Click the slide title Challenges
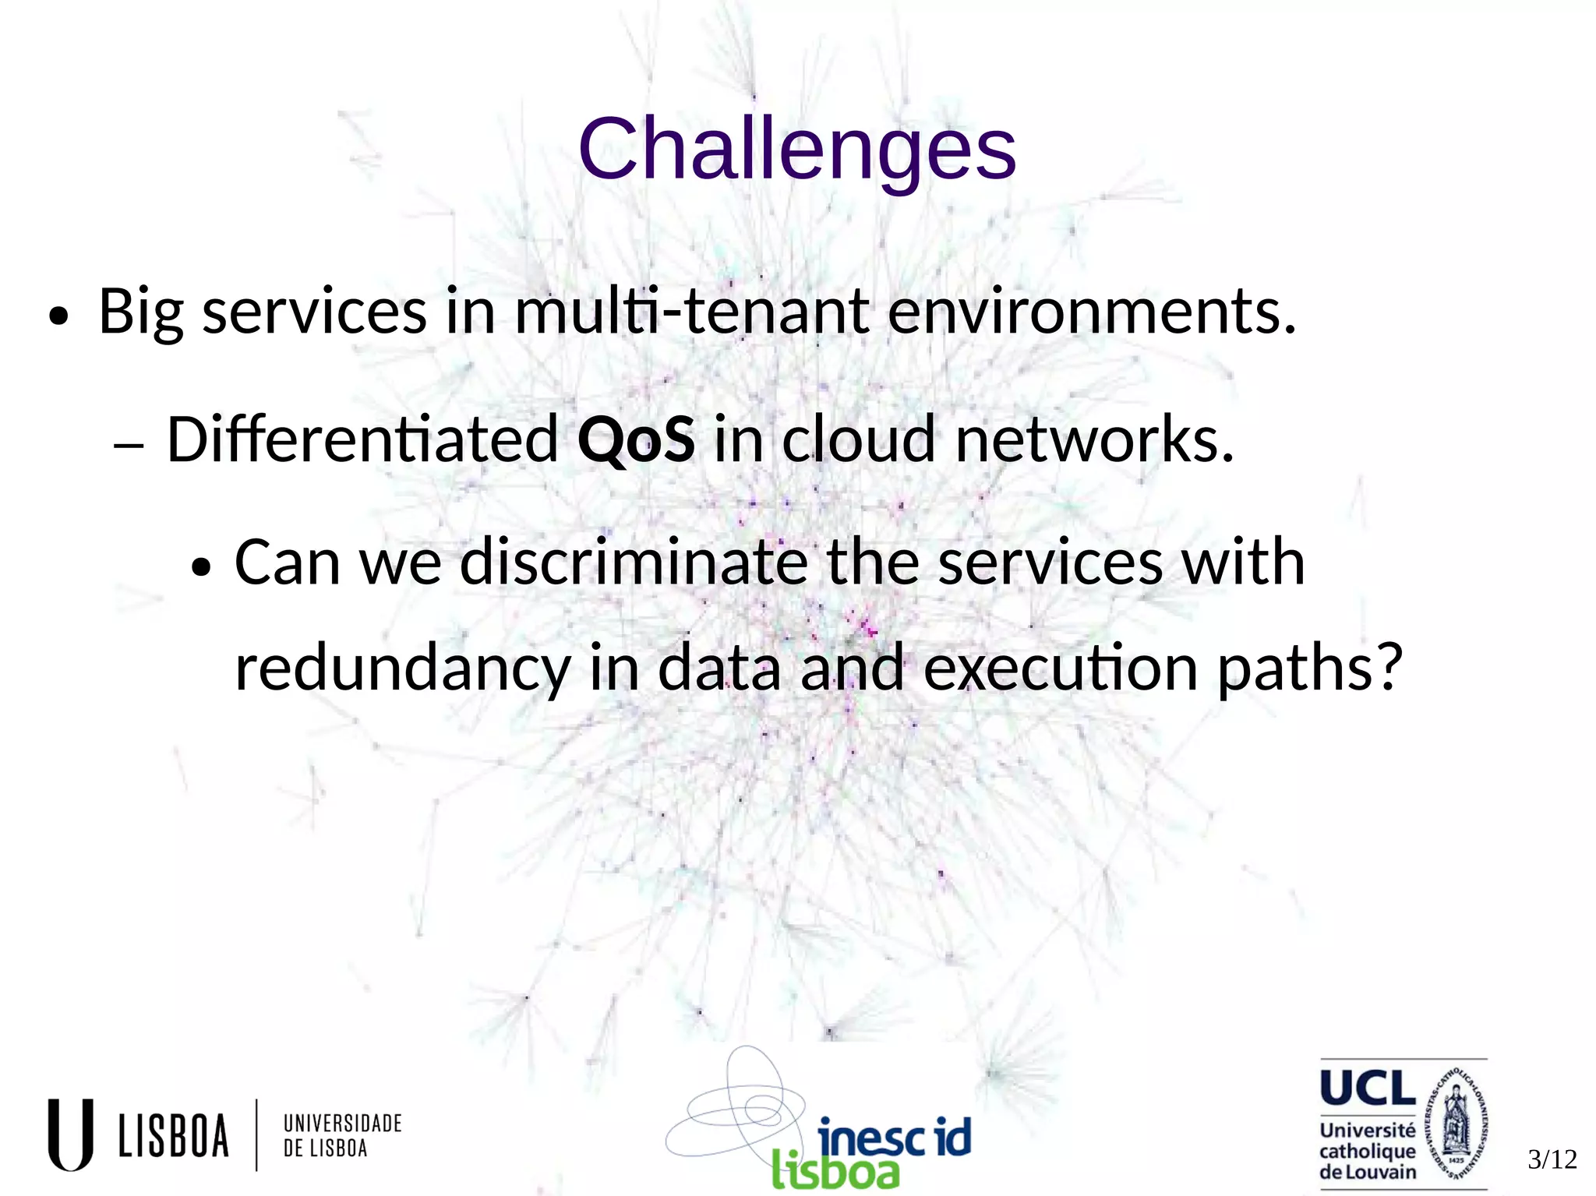(796, 148)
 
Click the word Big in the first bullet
(140, 312)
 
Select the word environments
(1091, 311)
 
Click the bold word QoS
(636, 439)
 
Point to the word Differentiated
(362, 439)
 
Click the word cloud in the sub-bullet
(857, 439)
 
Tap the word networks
(1093, 439)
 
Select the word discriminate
(633, 562)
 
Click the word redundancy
(402, 669)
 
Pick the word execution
(1060, 669)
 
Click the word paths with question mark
(1309, 669)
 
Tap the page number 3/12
(1552, 1159)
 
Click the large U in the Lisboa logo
(70, 1134)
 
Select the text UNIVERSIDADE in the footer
(342, 1123)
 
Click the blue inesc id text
(894, 1137)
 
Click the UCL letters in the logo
(1368, 1088)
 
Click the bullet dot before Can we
(201, 567)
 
